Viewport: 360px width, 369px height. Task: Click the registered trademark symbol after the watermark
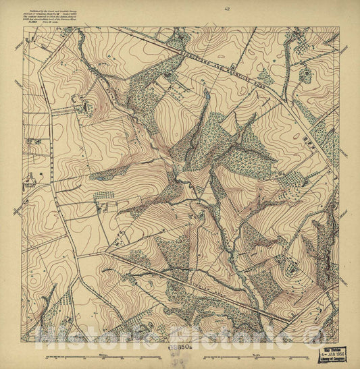tap(311, 335)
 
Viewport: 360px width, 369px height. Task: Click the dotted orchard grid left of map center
tap(103, 196)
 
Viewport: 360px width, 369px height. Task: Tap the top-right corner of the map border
tap(339, 35)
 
